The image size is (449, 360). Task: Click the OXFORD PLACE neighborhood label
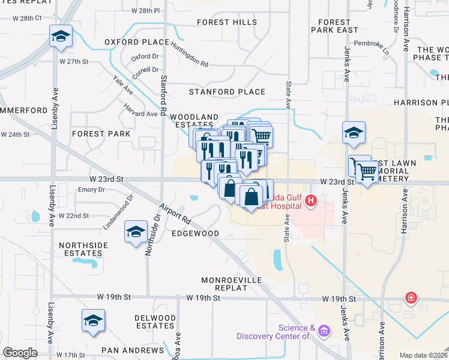click(x=136, y=43)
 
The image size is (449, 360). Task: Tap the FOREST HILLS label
click(x=227, y=22)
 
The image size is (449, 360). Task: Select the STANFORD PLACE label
click(x=227, y=92)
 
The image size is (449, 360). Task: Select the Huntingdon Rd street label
click(x=189, y=54)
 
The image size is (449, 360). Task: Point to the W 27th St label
click(x=74, y=61)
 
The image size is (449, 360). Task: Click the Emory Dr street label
click(x=92, y=190)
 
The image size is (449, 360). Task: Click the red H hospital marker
click(x=310, y=201)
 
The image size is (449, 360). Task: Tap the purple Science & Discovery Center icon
click(x=324, y=330)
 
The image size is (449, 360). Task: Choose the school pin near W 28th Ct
click(x=61, y=37)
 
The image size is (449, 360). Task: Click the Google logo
click(x=20, y=353)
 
